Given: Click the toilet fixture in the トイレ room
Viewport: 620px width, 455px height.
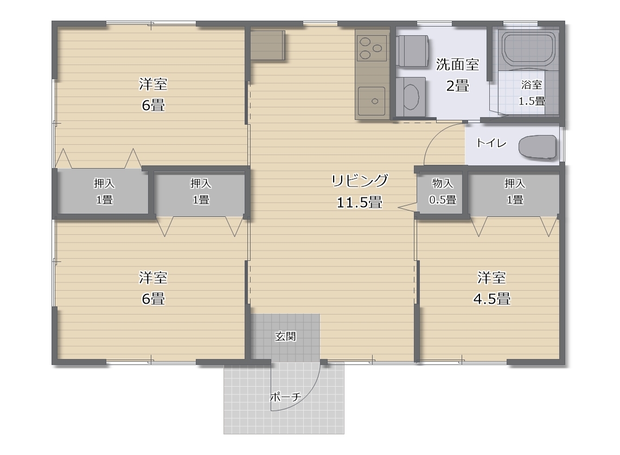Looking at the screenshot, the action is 538,148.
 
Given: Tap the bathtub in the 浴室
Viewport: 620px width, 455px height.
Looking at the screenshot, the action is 529,49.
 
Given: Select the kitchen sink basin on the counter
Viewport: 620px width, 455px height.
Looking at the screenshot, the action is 372,101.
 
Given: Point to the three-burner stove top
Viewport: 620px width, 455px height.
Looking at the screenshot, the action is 372,48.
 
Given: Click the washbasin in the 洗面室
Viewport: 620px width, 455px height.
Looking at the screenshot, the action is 411,97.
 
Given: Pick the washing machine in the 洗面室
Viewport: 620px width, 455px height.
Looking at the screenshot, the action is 412,51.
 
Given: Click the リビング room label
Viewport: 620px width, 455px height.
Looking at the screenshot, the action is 360,180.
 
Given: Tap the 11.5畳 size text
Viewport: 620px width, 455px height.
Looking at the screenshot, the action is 360,203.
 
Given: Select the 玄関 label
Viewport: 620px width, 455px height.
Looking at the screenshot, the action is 285,336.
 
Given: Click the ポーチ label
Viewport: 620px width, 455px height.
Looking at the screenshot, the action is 286,396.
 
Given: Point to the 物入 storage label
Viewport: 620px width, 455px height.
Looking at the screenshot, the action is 443,183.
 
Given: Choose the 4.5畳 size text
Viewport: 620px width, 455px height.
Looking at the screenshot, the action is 491,298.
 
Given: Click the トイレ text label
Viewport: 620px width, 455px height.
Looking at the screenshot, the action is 491,143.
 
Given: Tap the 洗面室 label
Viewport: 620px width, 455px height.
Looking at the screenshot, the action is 457,65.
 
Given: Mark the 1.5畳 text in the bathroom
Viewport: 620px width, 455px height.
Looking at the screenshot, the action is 532,101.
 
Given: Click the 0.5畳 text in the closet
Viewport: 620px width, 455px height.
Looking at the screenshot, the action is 443,200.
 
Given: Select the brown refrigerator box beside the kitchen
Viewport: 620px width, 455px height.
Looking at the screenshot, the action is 268,45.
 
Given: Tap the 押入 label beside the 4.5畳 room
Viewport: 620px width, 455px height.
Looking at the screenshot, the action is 514,183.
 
